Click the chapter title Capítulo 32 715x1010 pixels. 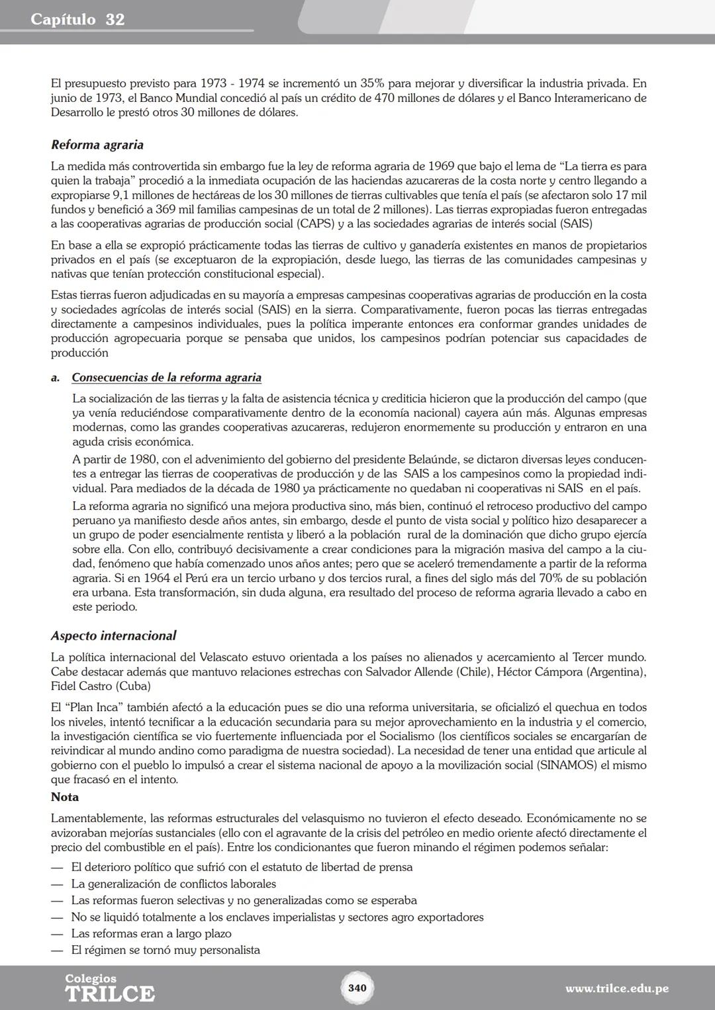(x=77, y=19)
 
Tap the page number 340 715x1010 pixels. (x=357, y=988)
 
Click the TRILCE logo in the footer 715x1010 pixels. (x=110, y=989)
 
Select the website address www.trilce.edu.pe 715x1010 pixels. (x=616, y=988)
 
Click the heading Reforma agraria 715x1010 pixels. (x=97, y=145)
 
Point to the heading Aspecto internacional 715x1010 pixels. (x=113, y=636)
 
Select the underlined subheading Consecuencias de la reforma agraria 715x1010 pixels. (x=166, y=378)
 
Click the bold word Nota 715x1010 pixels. (x=65, y=797)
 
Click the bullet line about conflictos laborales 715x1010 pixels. (x=173, y=884)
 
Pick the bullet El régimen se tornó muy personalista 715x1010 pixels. (x=166, y=950)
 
